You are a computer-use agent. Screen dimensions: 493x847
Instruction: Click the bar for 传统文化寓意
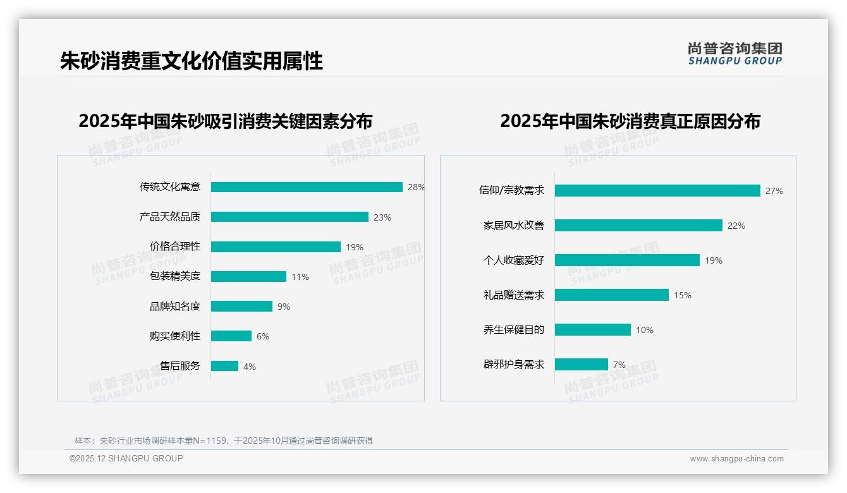coord(307,187)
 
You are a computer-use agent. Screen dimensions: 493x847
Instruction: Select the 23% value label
coord(382,217)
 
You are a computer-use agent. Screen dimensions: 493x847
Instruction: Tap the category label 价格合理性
coord(175,246)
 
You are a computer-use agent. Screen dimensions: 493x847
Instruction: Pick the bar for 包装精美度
coord(248,276)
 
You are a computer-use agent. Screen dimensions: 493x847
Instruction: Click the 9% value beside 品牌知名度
coord(284,307)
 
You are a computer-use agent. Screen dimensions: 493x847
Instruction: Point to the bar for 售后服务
coord(224,366)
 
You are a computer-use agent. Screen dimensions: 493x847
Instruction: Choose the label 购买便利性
coord(175,336)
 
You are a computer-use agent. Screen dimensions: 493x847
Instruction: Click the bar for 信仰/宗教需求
coord(657,191)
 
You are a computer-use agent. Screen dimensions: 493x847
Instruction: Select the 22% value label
coord(736,226)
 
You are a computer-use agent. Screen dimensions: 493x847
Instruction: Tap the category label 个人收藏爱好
coord(514,260)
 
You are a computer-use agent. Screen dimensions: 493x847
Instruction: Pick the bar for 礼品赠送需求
coord(612,295)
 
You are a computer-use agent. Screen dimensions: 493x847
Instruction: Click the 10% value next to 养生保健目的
coord(645,330)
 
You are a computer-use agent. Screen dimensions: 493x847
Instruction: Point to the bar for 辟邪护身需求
coord(582,365)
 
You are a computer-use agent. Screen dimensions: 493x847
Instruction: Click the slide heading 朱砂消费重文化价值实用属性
coord(192,61)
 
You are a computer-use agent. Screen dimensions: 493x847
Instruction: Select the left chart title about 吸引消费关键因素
coord(226,121)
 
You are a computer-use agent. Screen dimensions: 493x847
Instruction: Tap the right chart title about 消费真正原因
coord(630,121)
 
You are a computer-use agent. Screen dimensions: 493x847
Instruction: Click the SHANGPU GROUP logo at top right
coord(735,54)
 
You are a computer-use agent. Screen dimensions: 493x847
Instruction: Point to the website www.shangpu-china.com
coord(736,459)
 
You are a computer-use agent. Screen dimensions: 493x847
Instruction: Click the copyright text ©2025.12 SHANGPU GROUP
coord(126,458)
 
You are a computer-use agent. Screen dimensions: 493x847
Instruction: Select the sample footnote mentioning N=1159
coord(224,441)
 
